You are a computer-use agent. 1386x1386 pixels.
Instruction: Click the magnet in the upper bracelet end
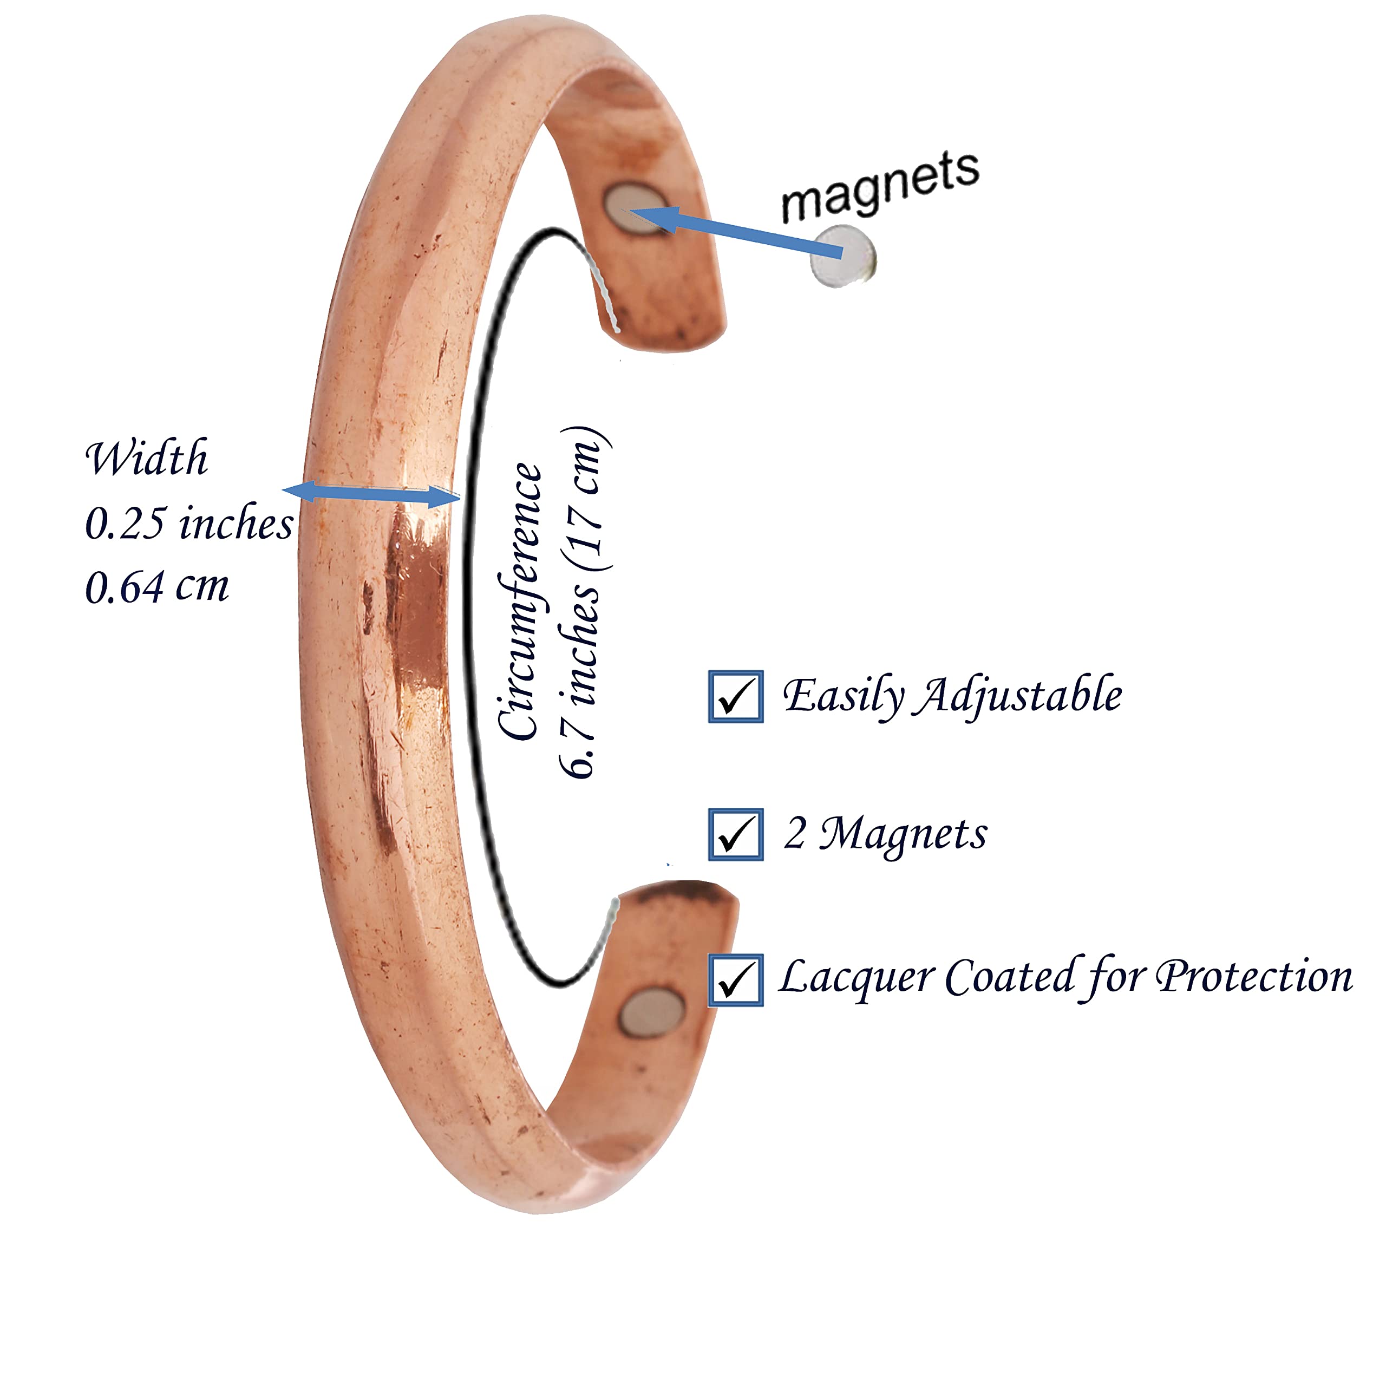click(635, 209)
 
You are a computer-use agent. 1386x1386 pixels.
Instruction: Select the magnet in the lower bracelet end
click(651, 1012)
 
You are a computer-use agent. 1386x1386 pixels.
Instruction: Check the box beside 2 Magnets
click(735, 834)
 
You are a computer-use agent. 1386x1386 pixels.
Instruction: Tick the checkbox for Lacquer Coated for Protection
click(735, 980)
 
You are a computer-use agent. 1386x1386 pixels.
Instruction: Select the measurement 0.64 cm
click(157, 586)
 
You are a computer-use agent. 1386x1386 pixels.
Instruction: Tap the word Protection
click(1255, 977)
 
